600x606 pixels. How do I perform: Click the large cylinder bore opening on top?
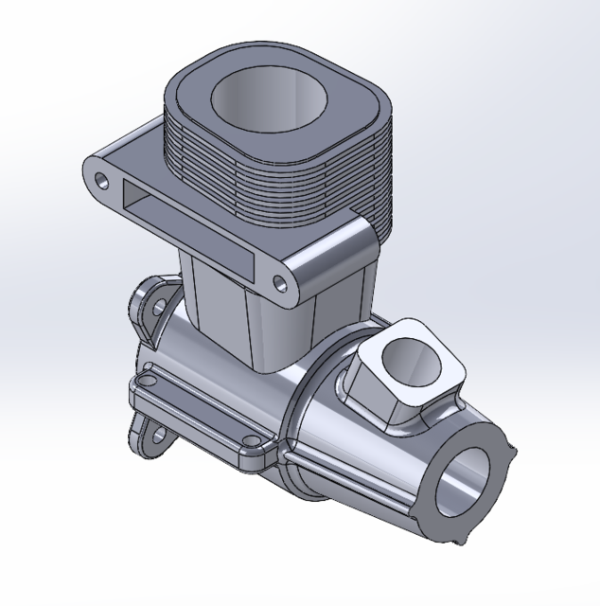point(271,98)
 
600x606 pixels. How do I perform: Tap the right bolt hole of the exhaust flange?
point(281,282)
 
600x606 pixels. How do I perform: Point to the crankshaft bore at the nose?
point(465,482)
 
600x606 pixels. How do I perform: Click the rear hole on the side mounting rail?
point(147,381)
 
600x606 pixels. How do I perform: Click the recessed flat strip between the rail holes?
point(199,408)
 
